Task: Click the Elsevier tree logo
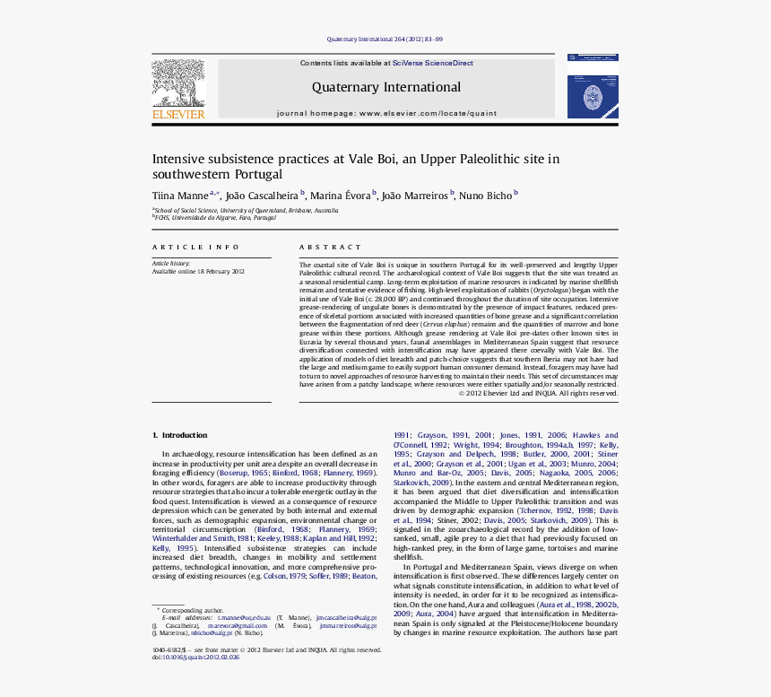[178, 83]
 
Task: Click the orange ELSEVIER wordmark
[178, 114]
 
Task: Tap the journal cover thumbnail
[592, 85]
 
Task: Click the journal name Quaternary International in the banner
[385, 87]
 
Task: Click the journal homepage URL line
[385, 114]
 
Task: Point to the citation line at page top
[385, 39]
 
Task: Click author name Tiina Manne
[179, 195]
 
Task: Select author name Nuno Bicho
[487, 195]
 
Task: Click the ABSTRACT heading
[330, 247]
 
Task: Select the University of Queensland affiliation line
[246, 210]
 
